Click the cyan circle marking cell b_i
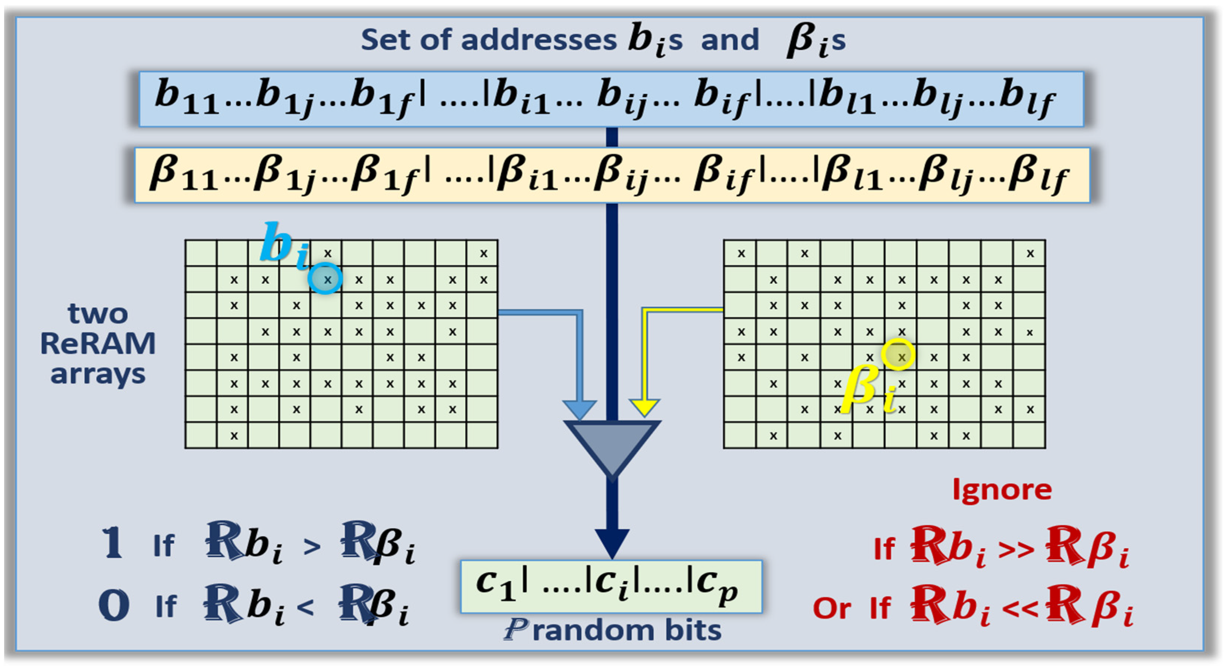pos(325,279)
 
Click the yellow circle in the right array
pos(898,355)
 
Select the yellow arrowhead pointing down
pos(644,407)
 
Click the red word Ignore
pos(1002,490)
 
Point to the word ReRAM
pos(98,344)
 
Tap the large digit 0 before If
pos(114,605)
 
